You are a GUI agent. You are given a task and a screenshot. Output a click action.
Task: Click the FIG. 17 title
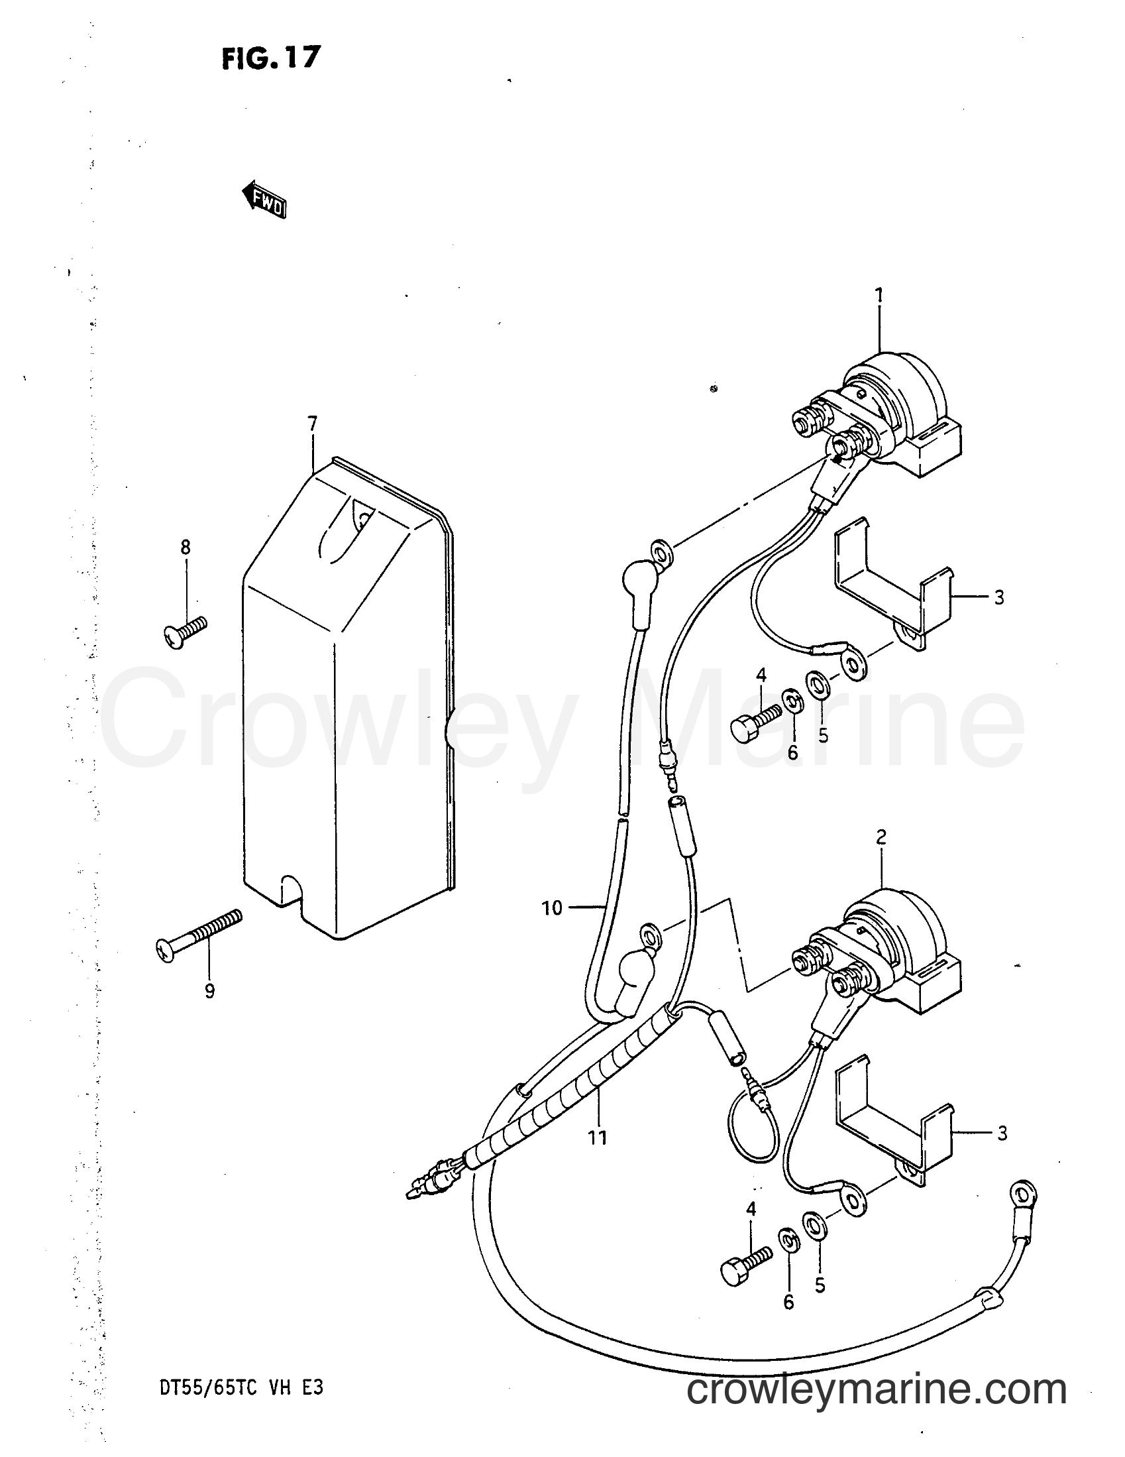point(272,59)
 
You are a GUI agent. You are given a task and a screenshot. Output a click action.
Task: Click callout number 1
point(879,295)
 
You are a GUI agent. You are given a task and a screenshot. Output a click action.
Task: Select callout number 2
point(881,837)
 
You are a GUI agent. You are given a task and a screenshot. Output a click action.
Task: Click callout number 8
point(186,548)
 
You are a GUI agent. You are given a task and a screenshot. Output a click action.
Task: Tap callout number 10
point(552,908)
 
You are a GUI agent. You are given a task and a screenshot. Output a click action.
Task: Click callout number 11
point(598,1137)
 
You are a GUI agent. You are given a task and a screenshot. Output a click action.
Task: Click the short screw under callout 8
point(185,632)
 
